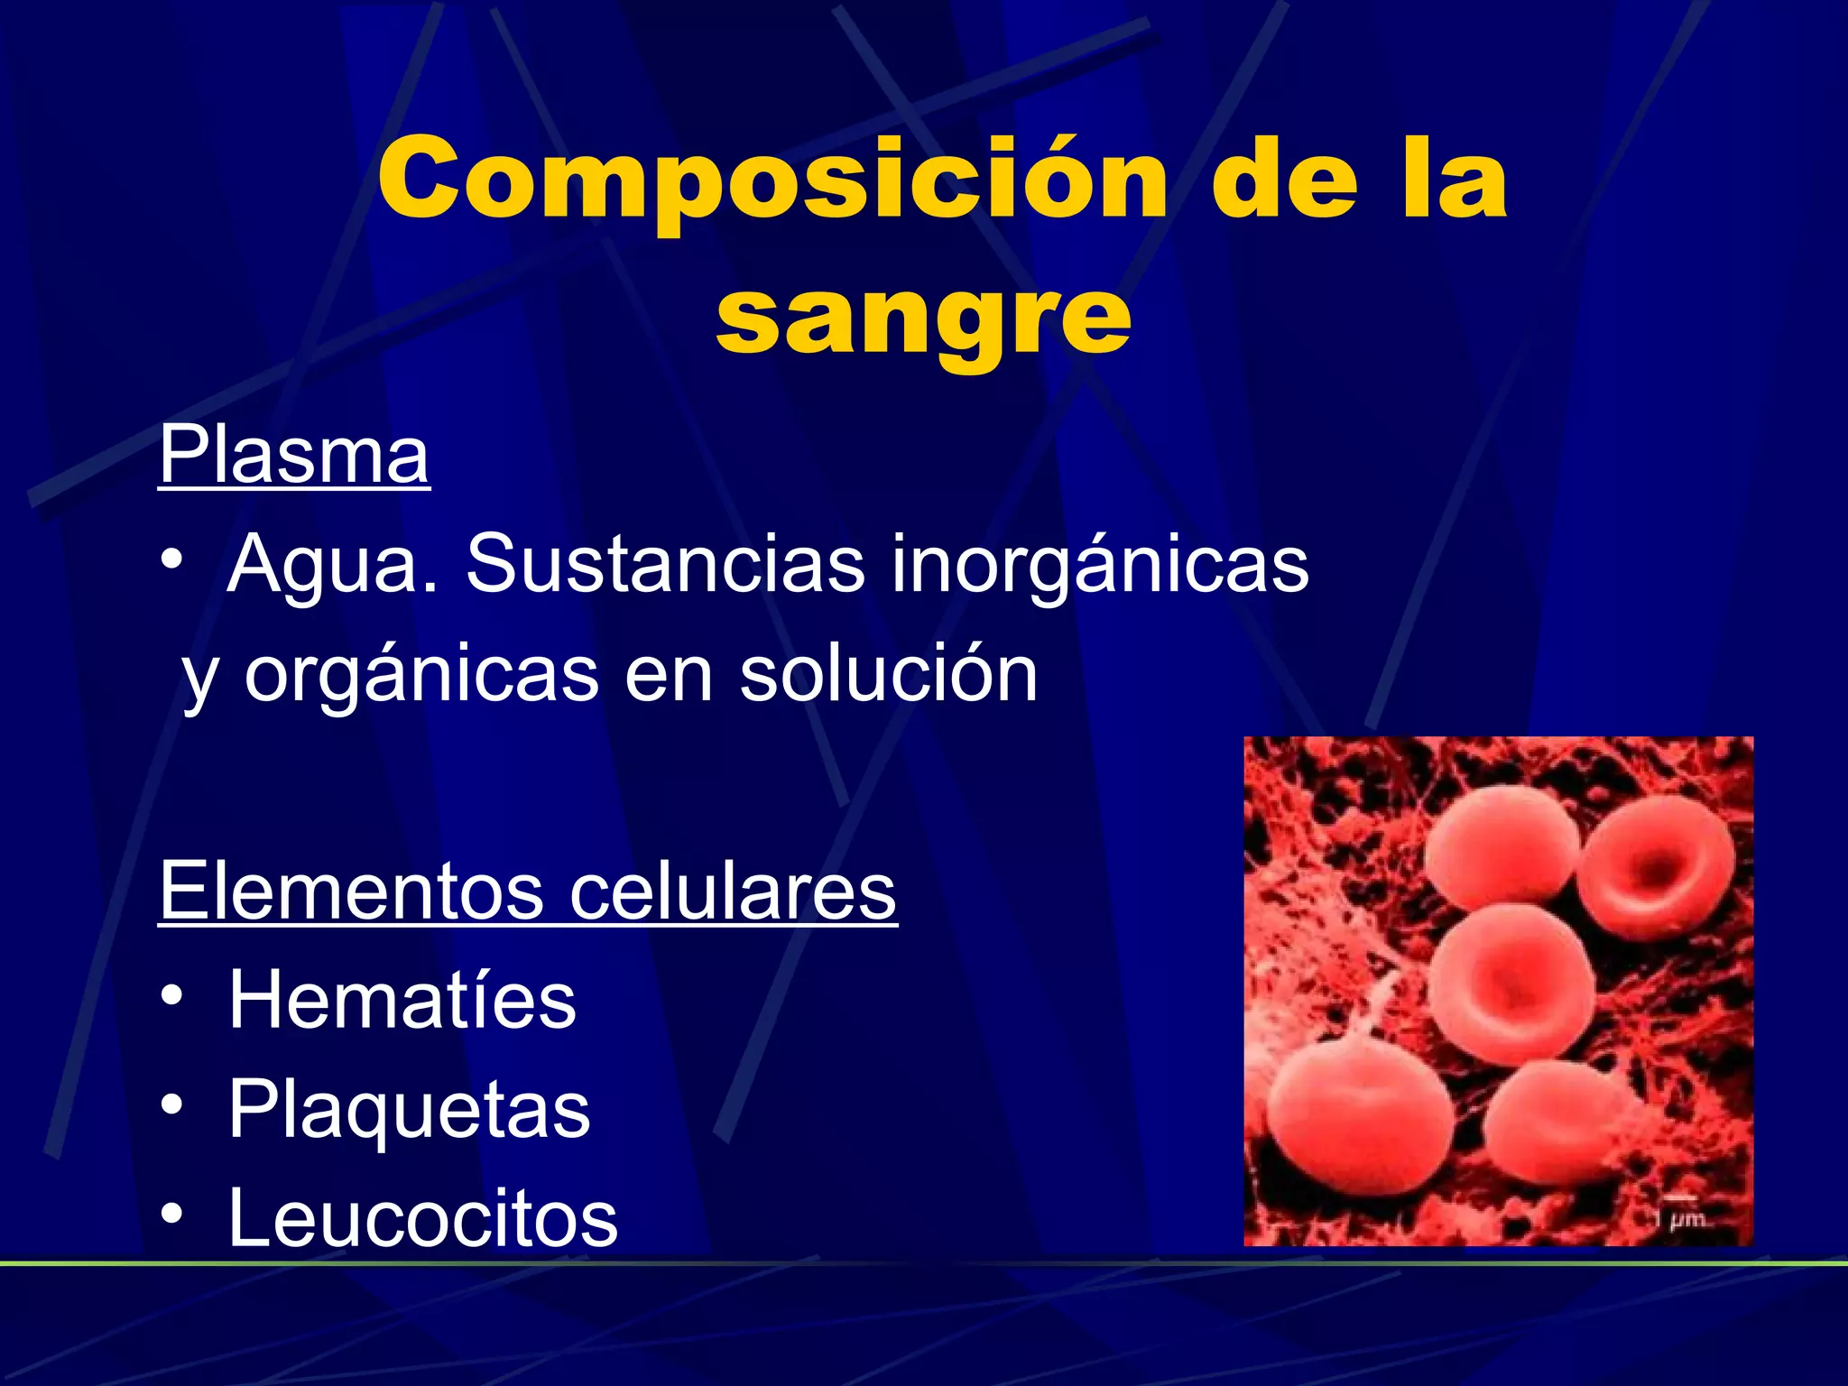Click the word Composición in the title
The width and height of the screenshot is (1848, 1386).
[772, 180]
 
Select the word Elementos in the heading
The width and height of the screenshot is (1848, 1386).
[351, 891]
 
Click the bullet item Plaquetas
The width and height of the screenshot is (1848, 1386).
[409, 1110]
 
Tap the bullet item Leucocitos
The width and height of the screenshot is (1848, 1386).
[422, 1219]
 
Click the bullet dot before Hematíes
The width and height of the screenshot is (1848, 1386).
[172, 997]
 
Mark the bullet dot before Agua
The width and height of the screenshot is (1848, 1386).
[172, 561]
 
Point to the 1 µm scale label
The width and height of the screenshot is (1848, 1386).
[1680, 1219]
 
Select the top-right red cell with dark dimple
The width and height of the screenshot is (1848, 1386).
[1656, 866]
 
